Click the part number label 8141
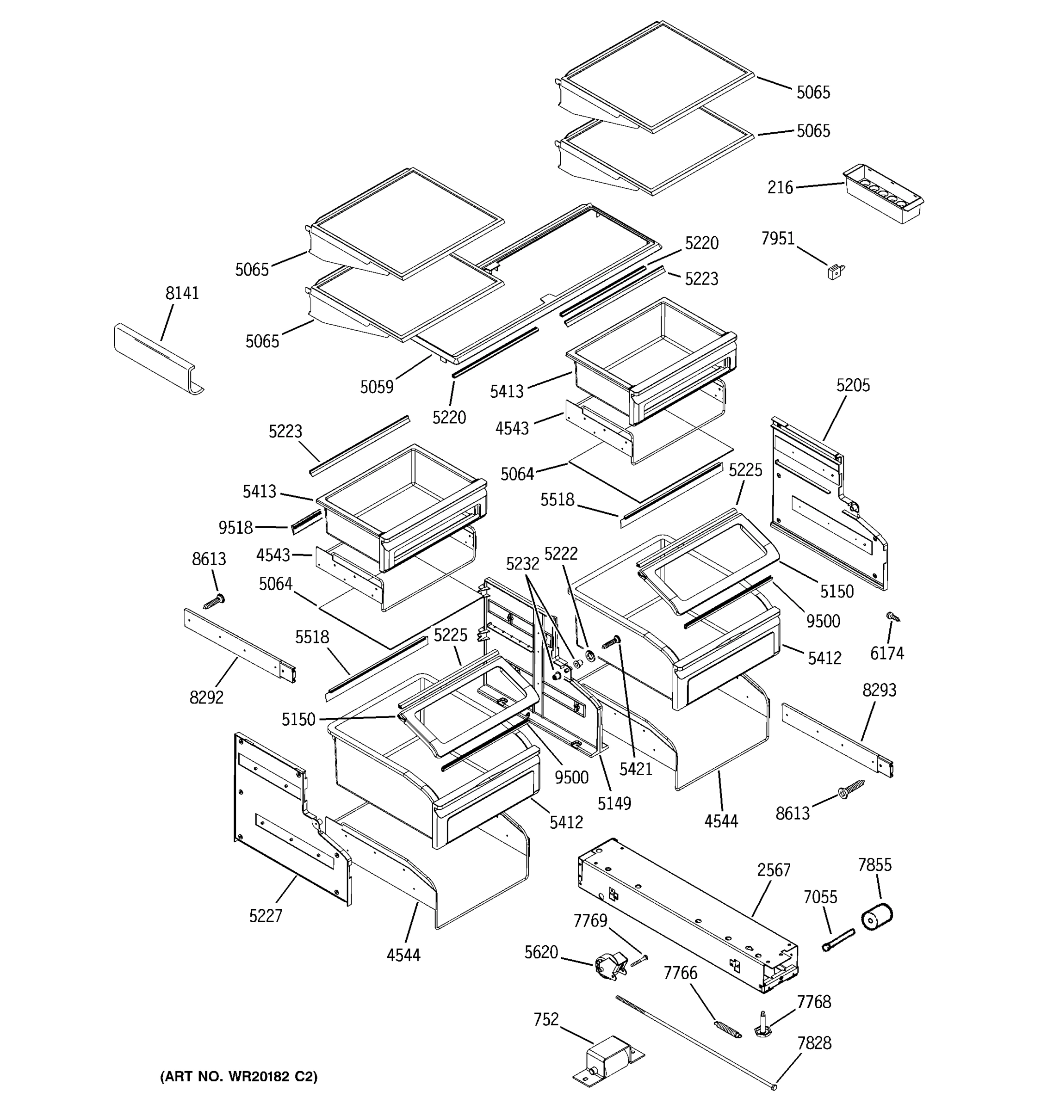click(182, 293)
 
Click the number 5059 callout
click(377, 387)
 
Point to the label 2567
click(774, 870)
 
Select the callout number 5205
click(853, 385)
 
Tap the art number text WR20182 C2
click(238, 1076)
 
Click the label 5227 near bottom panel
click(266, 916)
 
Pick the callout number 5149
click(614, 803)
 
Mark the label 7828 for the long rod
click(814, 1043)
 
